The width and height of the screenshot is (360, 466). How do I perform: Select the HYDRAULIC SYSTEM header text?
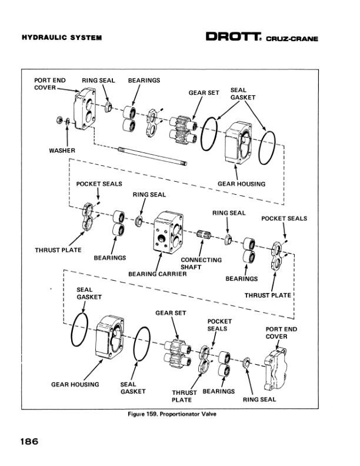pos(62,38)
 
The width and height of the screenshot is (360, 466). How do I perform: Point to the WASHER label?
pos(62,151)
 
